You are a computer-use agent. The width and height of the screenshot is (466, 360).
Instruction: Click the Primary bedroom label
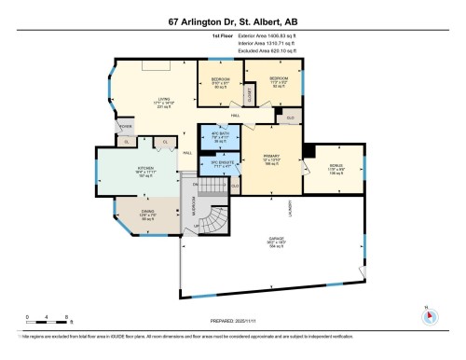(269, 159)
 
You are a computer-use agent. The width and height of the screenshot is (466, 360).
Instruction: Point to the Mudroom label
(193, 218)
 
